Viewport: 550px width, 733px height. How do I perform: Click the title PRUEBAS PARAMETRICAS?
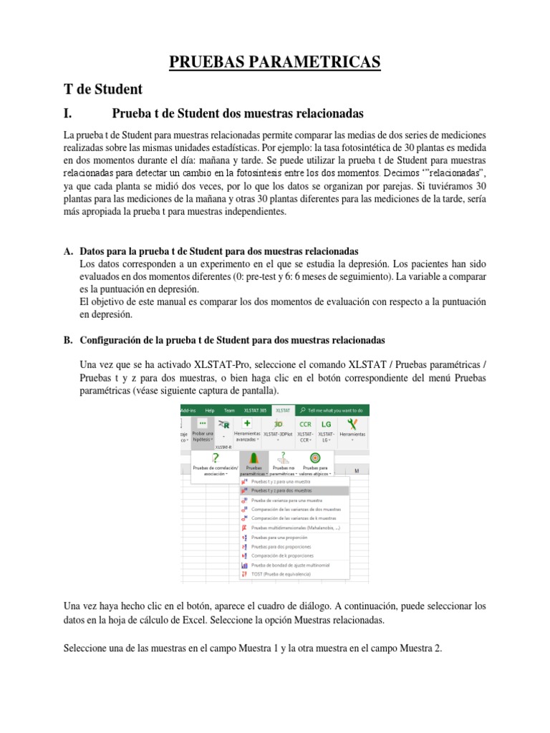tap(274, 63)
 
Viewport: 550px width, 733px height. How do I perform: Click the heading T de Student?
tap(103, 89)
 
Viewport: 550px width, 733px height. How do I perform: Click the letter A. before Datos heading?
tap(69, 251)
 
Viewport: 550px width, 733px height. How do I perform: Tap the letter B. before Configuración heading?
tap(69, 339)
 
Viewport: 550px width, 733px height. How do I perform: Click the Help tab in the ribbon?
tap(210, 410)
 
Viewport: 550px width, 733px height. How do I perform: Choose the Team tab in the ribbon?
tap(229, 410)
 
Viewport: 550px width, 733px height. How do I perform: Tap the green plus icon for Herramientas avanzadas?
tap(246, 424)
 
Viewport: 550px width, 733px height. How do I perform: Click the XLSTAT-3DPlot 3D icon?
tap(279, 424)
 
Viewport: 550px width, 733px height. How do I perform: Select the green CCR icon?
tap(306, 424)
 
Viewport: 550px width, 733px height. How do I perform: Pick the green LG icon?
tap(326, 424)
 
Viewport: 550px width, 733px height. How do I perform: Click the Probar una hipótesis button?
tap(203, 429)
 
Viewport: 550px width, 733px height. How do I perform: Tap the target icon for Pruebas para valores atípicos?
tap(315, 457)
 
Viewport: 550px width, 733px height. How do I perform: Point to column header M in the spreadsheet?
tap(356, 471)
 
